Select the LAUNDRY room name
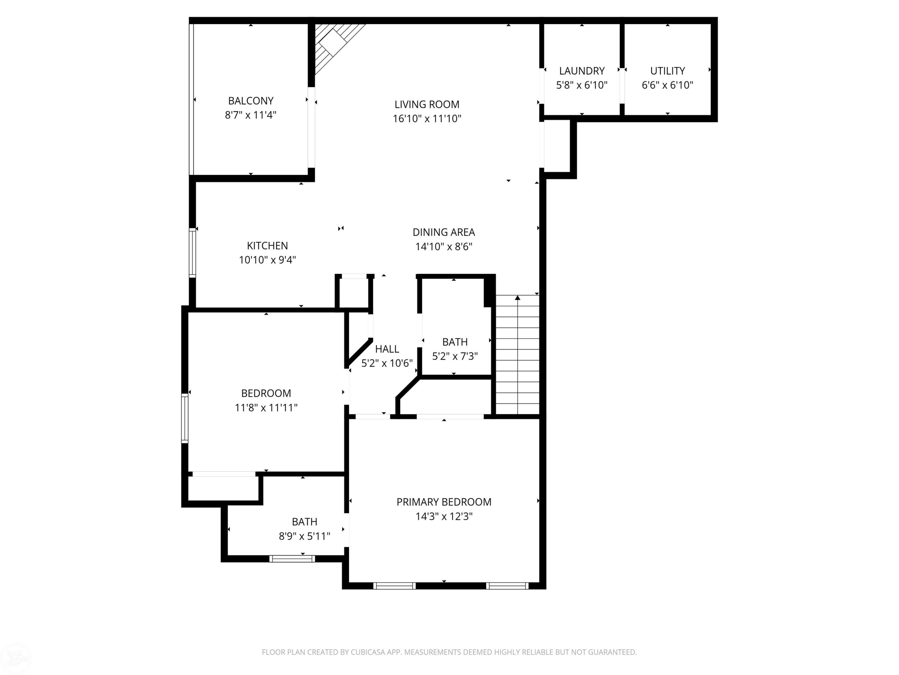point(582,71)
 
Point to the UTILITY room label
point(667,71)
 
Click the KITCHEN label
point(267,246)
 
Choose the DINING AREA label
point(444,232)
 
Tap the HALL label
point(387,349)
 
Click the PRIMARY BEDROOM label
point(444,502)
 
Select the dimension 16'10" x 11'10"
point(427,119)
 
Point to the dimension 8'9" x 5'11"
point(304,536)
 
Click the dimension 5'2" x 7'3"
point(455,356)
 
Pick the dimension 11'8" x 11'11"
point(266,408)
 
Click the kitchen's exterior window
point(193,253)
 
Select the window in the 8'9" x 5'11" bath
point(292,559)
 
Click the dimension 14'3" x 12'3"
point(444,517)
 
